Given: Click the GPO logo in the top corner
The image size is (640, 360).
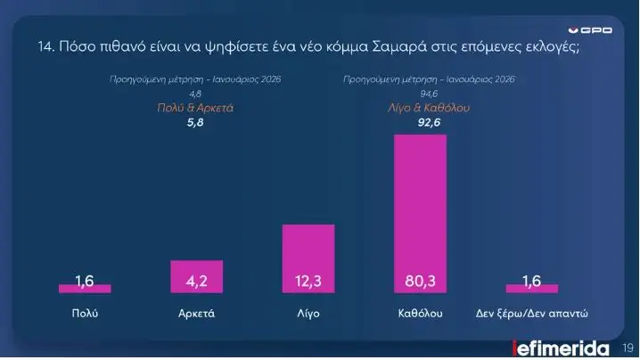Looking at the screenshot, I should coord(591,30).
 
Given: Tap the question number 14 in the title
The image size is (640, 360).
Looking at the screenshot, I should coord(45,47).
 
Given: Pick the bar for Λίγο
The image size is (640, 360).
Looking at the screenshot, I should coord(308,258).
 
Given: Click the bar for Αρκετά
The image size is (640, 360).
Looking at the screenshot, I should coord(196,276).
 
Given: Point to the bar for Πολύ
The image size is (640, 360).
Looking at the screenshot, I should coord(85,288).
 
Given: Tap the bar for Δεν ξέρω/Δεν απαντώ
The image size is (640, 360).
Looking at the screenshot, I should coord(531,288).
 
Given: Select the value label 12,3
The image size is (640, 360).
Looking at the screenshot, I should coord(308,282).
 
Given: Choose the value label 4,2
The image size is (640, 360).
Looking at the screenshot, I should coord(196,282).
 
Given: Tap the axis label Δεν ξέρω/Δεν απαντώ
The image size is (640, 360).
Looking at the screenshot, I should coord(531,314).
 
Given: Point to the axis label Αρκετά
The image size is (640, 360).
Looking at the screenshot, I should coord(196,314).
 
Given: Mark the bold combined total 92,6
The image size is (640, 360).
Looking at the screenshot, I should coord(430,123).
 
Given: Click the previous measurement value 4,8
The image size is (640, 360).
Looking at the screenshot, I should coord(195,94).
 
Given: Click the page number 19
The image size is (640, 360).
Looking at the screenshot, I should coord(626,348).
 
